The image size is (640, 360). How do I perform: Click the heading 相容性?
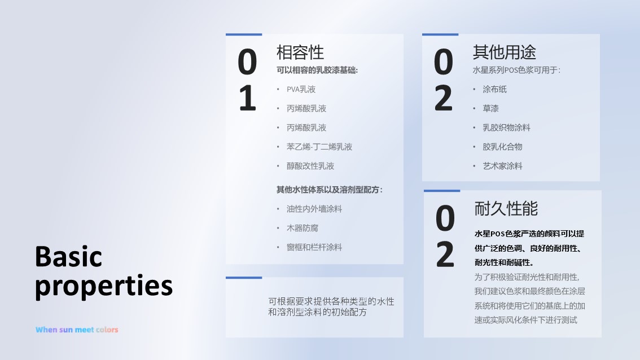(300, 52)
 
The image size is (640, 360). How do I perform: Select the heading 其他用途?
(504, 52)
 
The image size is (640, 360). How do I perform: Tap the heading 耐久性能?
(506, 208)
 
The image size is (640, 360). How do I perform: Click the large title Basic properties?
(104, 271)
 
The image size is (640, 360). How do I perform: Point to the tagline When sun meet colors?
(77, 330)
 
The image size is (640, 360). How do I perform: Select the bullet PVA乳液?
(301, 89)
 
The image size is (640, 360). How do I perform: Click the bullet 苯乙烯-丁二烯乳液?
(319, 147)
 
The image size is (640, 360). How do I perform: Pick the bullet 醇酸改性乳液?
(310, 166)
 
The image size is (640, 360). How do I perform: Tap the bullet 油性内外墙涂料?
(314, 209)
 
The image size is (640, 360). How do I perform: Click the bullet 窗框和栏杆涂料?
(314, 247)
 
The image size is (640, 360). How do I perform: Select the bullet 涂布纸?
(494, 89)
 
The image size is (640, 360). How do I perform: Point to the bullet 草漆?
(490, 108)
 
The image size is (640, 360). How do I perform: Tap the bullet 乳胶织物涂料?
(506, 128)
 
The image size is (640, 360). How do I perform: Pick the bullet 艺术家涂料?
(502, 166)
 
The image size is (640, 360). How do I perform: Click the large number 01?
(247, 80)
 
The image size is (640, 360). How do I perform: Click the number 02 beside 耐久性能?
(445, 236)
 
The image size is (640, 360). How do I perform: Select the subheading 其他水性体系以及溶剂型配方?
(329, 190)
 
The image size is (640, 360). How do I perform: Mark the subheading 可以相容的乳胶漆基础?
(317, 71)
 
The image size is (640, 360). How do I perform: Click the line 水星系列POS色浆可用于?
(516, 71)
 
